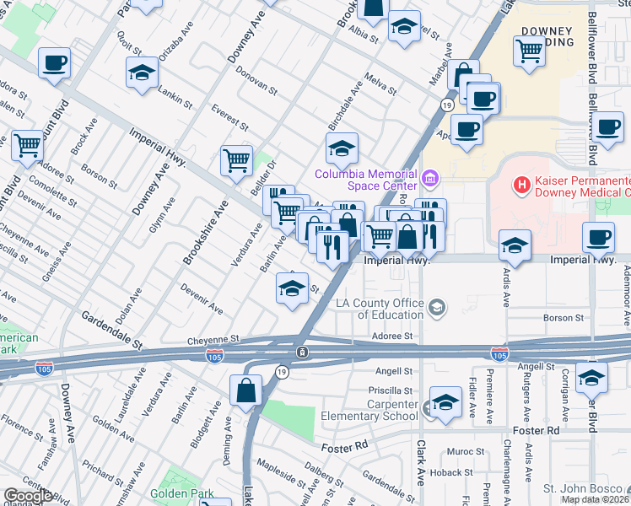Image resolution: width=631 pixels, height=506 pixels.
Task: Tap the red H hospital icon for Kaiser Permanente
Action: [522, 183]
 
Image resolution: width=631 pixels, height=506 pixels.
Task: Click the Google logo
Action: [28, 496]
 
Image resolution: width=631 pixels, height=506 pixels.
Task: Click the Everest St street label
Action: [229, 119]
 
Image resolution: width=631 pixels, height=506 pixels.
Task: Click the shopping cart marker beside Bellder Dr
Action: [237, 159]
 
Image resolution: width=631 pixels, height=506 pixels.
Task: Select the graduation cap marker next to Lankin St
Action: [142, 73]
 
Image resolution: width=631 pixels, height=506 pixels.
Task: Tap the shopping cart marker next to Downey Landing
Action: [529, 51]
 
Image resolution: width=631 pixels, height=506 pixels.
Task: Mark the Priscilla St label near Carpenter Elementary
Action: [389, 390]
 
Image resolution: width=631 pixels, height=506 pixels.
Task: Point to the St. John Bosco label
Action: [582, 488]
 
